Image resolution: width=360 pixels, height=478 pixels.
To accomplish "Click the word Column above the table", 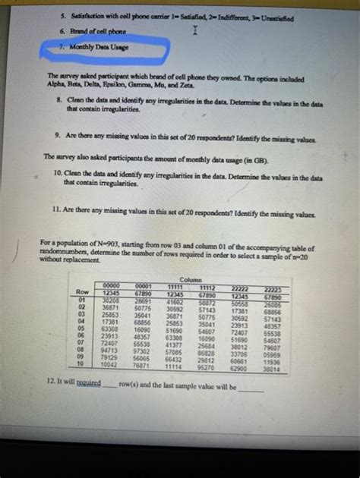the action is (194, 279).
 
